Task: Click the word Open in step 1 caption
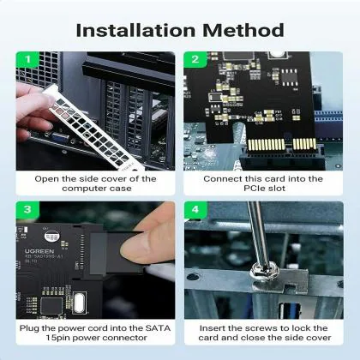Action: (x=47, y=178)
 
